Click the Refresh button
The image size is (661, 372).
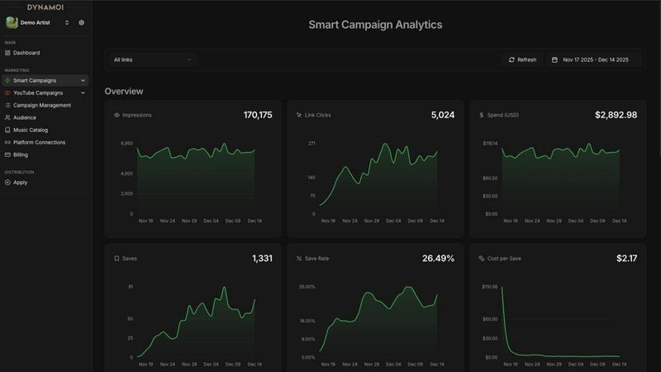[x=522, y=60]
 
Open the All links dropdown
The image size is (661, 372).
[x=152, y=60]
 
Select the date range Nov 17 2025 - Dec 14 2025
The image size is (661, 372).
[x=595, y=60]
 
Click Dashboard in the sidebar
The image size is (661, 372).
[x=26, y=53]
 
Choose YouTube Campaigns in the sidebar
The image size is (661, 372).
[x=38, y=93]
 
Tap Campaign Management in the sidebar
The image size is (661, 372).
[x=41, y=105]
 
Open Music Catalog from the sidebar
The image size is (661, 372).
[x=31, y=130]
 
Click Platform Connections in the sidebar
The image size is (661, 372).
[x=39, y=142]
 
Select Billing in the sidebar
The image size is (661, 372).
[x=21, y=155]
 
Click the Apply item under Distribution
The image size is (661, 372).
[x=20, y=182]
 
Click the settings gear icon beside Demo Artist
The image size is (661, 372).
[x=82, y=22]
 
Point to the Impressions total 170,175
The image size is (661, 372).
[x=257, y=115]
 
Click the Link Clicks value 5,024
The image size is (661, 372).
[x=442, y=115]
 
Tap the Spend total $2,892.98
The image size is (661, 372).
[x=616, y=115]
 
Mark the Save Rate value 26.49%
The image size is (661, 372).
[x=438, y=259]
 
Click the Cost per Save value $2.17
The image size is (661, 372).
[x=626, y=259]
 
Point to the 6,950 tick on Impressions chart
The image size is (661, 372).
[x=126, y=143]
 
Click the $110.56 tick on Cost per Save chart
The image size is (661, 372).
[x=489, y=287]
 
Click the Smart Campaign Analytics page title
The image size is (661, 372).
[x=375, y=25]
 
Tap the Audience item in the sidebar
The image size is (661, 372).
[x=25, y=117]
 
